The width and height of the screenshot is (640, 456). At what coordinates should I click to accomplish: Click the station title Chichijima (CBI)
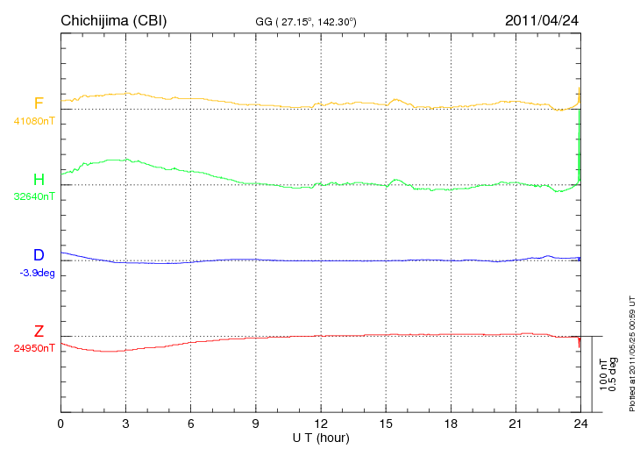(113, 19)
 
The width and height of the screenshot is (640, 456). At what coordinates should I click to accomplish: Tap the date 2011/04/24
(542, 19)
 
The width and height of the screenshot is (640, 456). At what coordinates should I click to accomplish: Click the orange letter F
(39, 103)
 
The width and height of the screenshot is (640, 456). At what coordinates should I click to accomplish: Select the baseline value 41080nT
(33, 121)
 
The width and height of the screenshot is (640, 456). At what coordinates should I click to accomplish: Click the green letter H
(39, 179)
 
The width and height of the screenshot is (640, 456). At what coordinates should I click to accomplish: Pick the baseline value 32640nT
(33, 196)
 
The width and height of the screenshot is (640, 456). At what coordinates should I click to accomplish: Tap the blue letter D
(39, 255)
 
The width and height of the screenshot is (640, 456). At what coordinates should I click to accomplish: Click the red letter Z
(39, 331)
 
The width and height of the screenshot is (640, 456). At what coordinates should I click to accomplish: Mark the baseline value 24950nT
(33, 348)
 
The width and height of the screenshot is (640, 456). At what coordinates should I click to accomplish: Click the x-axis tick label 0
(60, 424)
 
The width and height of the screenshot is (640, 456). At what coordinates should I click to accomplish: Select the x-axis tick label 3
(125, 424)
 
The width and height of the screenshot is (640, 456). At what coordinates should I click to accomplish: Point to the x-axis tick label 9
(255, 424)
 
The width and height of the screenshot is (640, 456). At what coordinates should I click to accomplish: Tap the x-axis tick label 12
(320, 424)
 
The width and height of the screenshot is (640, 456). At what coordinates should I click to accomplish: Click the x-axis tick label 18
(450, 424)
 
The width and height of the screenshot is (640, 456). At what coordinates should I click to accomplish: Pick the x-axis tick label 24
(580, 424)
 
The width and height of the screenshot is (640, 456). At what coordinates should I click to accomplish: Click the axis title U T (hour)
(320, 437)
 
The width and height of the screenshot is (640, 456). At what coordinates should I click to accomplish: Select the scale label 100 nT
(603, 374)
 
